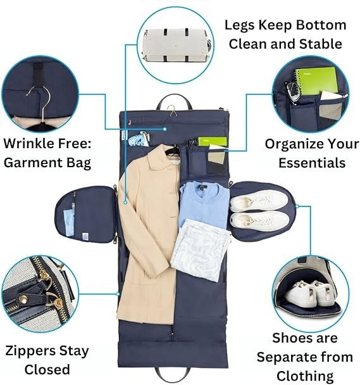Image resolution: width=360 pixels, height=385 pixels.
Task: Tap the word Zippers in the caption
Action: point(28,351)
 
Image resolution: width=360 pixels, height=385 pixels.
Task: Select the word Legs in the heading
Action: point(240,25)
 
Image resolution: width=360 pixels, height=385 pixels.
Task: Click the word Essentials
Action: point(312,163)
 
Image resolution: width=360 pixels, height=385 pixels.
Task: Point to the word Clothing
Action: point(305,376)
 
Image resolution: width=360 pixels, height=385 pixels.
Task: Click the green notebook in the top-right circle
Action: point(316,80)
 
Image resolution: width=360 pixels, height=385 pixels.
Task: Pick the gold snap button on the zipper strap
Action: point(23,300)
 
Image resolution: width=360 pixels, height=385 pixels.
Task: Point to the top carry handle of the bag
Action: point(174,99)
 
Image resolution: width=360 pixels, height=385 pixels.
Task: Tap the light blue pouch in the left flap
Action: point(69,222)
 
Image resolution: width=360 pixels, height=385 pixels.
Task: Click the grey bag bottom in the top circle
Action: point(176,45)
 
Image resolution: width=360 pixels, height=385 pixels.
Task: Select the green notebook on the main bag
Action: point(213,142)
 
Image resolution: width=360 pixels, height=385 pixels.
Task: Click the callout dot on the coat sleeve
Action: point(125,203)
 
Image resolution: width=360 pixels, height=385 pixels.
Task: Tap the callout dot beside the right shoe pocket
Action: point(297,206)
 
